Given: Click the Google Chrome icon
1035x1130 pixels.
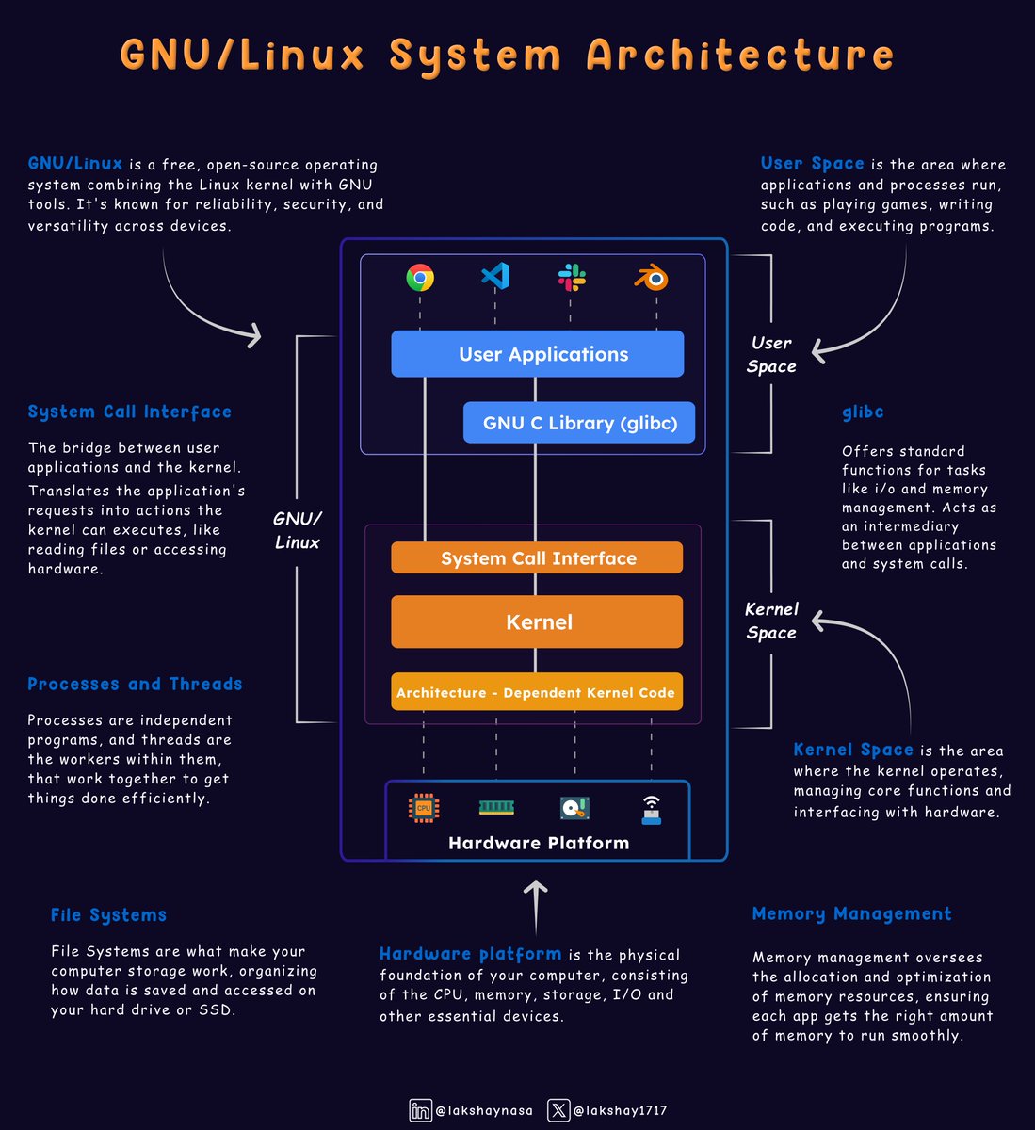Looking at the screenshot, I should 420,277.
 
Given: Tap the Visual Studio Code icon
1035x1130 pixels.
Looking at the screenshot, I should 495,276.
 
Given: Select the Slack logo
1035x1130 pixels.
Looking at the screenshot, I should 571,277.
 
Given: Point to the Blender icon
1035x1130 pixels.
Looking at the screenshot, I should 651,277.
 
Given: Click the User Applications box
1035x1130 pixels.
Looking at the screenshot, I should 537,354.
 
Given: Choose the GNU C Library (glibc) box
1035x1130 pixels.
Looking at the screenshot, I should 580,423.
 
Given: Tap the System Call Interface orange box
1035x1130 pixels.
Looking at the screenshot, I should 537,558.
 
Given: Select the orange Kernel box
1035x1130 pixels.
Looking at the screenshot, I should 537,621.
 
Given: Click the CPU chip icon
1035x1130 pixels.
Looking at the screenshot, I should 424,808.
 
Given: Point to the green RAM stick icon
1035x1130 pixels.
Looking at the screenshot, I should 496,807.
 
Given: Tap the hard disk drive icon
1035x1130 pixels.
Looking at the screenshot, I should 574,808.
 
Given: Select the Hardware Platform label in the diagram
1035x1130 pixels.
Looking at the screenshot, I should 539,843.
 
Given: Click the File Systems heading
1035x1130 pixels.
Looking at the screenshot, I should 108,914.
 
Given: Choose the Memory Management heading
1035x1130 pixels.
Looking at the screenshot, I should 851,913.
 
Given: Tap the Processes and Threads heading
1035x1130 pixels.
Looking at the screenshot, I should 135,684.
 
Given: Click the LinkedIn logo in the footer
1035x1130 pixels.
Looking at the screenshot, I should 420,1110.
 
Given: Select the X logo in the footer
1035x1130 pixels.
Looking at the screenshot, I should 558,1110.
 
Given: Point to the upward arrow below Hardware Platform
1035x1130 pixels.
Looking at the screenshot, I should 536,907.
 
